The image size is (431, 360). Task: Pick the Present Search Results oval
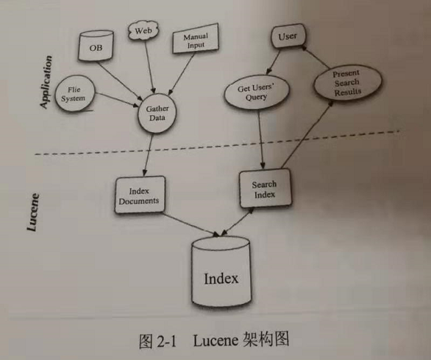(x=345, y=82)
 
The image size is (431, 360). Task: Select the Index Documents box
(x=139, y=195)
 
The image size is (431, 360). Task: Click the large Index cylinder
(x=221, y=274)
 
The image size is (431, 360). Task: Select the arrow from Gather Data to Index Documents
(x=149, y=155)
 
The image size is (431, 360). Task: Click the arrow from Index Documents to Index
(x=190, y=223)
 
